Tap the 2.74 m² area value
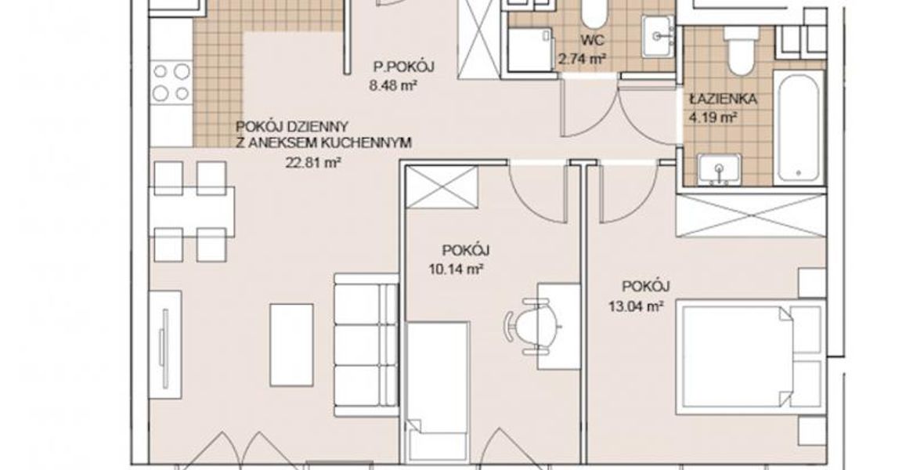tap(583, 59)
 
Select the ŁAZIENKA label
tap(723, 99)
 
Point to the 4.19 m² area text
tap(713, 117)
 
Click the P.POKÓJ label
tap(403, 67)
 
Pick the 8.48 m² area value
tap(394, 85)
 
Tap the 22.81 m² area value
tap(313, 162)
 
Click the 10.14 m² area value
tap(457, 270)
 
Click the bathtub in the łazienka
tap(799, 126)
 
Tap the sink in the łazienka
tap(719, 169)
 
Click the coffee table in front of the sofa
tap(292, 345)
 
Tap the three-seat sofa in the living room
tap(366, 338)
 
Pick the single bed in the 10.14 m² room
tap(439, 392)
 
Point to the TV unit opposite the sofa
tap(165, 345)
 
